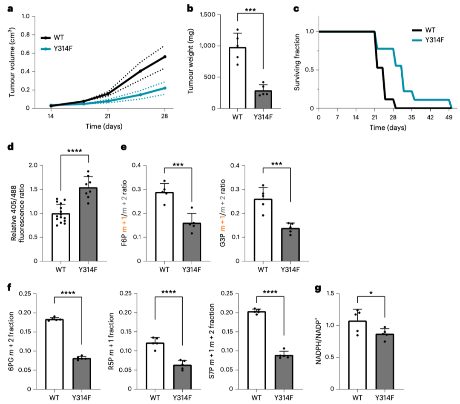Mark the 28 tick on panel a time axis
[165, 117]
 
